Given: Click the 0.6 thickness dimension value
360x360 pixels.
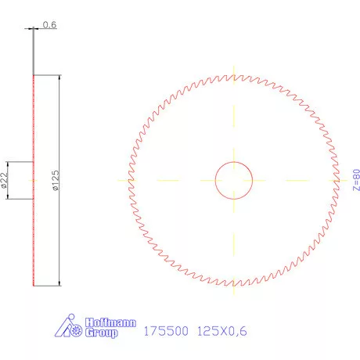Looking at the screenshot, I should click(x=49, y=24).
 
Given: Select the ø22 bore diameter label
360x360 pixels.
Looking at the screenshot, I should click(x=4, y=181).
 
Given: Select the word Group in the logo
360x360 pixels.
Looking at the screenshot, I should click(x=100, y=333).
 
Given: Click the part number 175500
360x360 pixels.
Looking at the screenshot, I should click(x=167, y=331).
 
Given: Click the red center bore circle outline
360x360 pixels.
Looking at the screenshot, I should click(x=215, y=180).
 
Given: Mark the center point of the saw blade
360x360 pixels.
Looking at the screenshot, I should click(x=234, y=180).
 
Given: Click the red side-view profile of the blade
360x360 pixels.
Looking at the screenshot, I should click(x=33, y=235).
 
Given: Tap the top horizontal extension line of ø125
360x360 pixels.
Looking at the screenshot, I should click(x=47, y=75).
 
